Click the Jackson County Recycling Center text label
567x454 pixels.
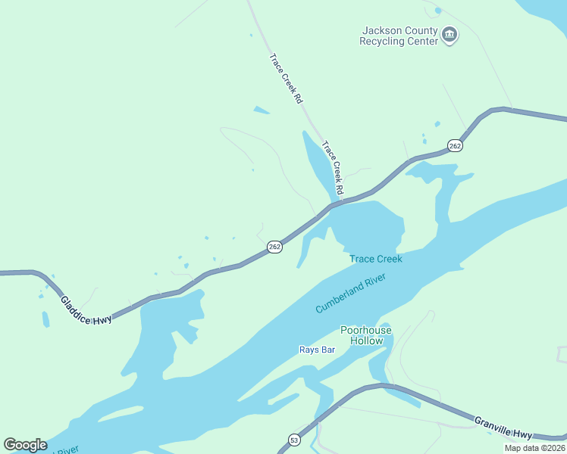point(399,36)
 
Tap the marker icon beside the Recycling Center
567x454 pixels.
point(450,34)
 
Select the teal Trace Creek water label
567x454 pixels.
point(375,259)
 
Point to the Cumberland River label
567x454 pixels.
point(351,294)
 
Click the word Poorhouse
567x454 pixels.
point(366,330)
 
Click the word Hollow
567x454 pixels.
point(366,340)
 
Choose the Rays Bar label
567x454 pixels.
point(317,350)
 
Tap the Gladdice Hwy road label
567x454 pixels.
point(86,309)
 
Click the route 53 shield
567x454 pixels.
point(293,440)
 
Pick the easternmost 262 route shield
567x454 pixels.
point(454,145)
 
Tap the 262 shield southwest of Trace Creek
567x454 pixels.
point(274,247)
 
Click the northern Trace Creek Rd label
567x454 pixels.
point(286,77)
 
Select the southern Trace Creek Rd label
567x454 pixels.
point(333,166)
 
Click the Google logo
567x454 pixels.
point(25,445)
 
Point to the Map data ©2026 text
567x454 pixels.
point(534,448)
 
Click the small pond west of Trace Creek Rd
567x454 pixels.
point(261,110)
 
